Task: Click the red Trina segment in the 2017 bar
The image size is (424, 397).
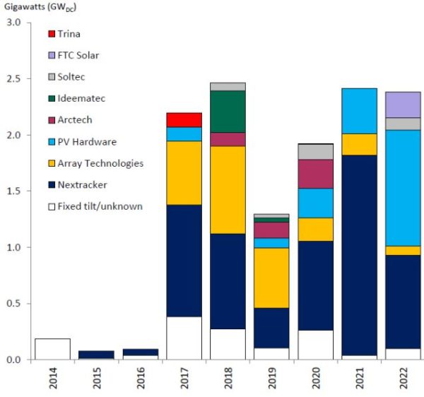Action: (184, 120)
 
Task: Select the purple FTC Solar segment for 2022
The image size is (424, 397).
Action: (404, 105)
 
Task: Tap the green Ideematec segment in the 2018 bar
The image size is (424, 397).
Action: (228, 112)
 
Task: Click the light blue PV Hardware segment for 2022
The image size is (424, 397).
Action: (404, 187)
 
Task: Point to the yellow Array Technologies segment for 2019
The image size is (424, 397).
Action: (272, 278)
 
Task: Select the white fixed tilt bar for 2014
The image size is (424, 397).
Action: (52, 349)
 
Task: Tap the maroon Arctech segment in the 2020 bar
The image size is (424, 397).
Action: (316, 174)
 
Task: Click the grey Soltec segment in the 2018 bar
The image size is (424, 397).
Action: (228, 86)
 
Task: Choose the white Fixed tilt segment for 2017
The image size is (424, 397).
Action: (184, 338)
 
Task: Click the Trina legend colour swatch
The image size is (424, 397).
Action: (52, 34)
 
